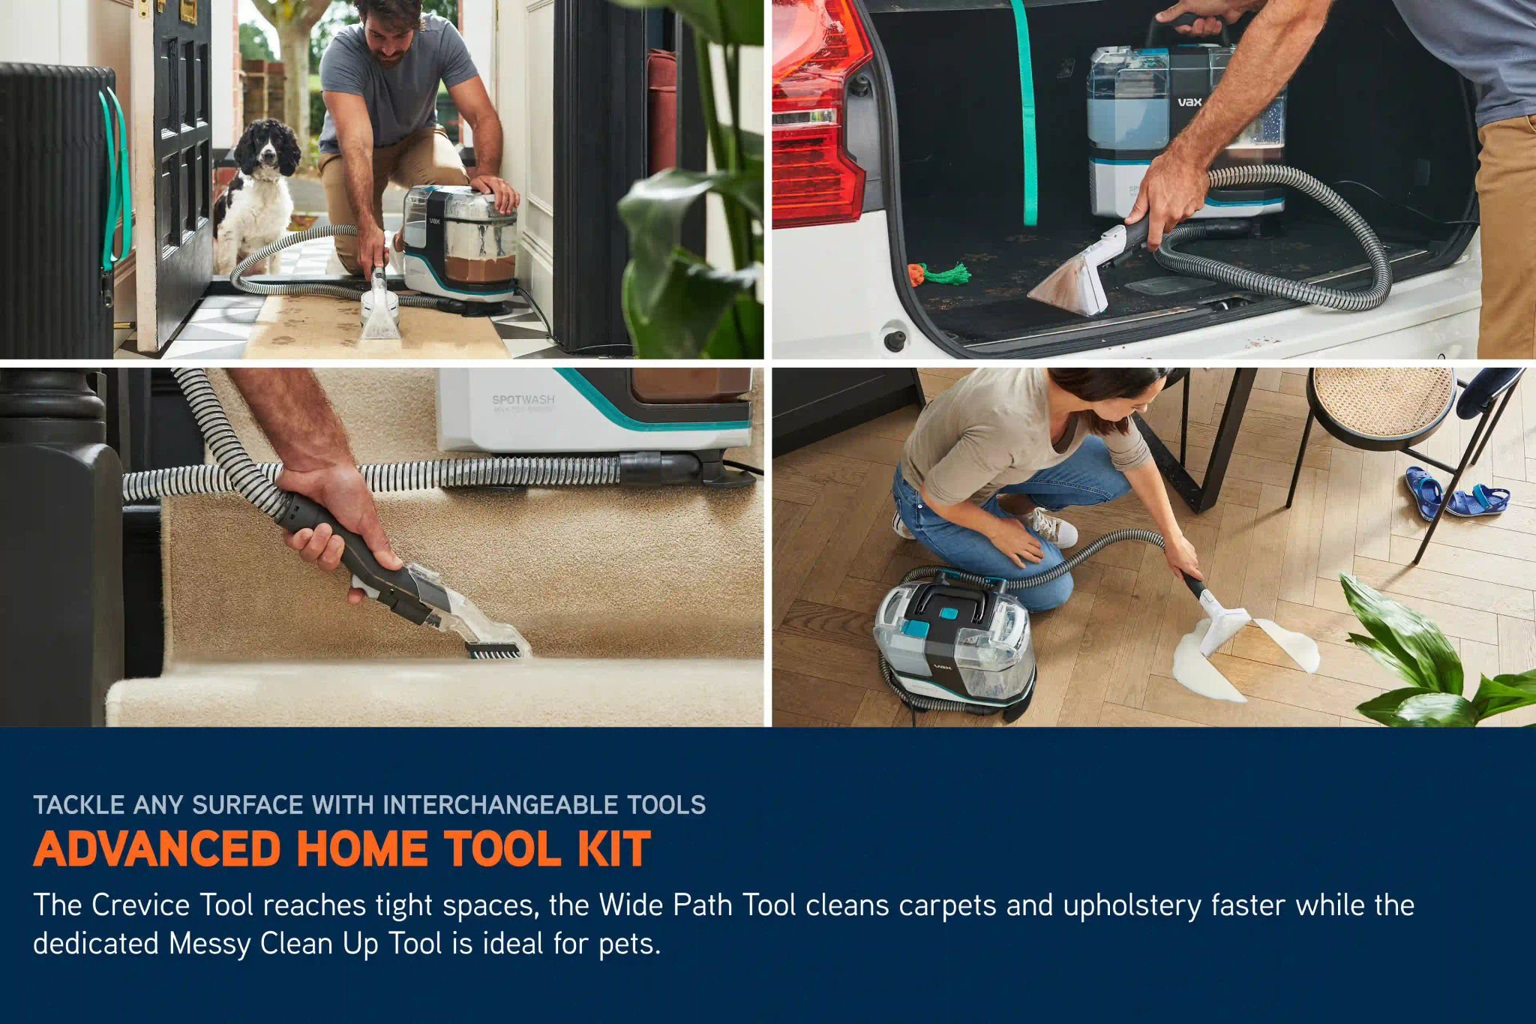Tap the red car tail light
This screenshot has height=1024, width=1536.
817,113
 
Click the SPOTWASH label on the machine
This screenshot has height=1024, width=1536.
523,400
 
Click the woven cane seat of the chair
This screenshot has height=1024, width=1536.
1384,401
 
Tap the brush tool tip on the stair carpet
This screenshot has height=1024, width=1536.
496,649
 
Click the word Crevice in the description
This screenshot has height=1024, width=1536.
140,905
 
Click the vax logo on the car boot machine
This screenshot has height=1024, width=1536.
1189,102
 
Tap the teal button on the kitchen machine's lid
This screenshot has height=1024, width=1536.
949,613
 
